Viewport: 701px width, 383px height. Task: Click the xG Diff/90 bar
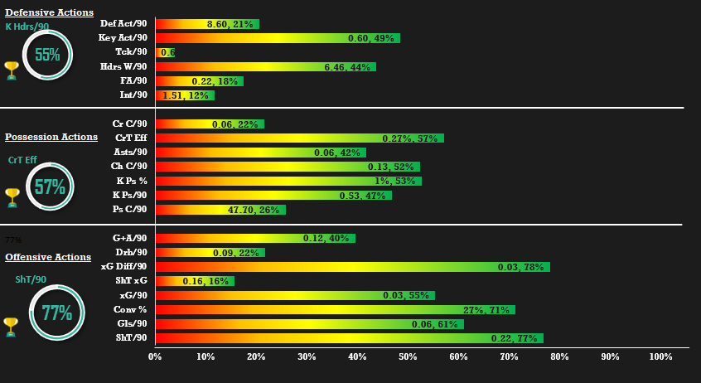click(352, 267)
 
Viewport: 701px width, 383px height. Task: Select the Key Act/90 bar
click(278, 38)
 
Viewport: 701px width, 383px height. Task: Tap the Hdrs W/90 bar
click(265, 66)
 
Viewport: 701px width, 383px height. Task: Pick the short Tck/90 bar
click(165, 52)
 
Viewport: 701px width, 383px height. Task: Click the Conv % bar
click(335, 309)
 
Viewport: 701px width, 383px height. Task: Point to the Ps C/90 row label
click(130, 210)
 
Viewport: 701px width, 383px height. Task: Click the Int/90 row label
click(134, 95)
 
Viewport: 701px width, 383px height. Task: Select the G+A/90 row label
click(130, 239)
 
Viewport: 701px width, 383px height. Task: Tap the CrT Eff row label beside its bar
click(132, 138)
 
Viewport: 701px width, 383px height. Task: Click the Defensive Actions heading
click(49, 12)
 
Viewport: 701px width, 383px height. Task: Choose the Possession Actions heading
click(51, 137)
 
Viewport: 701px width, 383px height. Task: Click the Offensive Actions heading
click(48, 257)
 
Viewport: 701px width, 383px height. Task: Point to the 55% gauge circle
click(47, 56)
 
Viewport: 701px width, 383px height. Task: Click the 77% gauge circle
click(56, 313)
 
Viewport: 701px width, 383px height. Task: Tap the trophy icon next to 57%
click(12, 197)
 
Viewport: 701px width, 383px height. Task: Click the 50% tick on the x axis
click(408, 356)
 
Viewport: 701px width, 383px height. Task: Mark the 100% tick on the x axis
click(660, 356)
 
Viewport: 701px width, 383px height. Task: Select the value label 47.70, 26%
click(252, 210)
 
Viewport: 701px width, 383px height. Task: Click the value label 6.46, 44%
click(347, 66)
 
